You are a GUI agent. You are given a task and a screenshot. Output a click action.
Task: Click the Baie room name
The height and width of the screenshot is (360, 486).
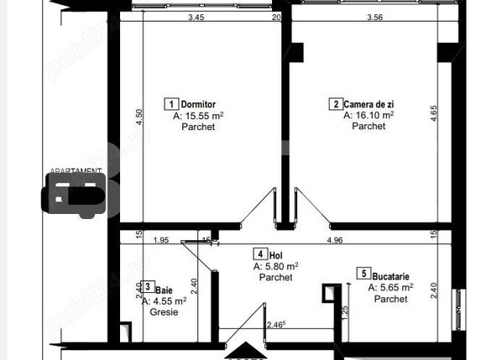(x=164, y=290)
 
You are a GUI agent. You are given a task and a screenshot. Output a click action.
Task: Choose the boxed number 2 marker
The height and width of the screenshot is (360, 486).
(x=336, y=104)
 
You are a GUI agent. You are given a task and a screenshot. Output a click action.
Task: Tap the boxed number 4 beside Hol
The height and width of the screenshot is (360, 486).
(x=261, y=254)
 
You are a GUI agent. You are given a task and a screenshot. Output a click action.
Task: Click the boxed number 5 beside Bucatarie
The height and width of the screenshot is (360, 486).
(x=363, y=274)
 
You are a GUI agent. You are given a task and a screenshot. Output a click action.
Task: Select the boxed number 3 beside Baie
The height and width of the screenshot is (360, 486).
(x=147, y=289)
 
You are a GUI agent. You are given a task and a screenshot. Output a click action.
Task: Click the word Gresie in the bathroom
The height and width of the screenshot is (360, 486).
(x=165, y=311)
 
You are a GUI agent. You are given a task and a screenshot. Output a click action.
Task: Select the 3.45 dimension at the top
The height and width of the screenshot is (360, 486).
(x=196, y=17)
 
